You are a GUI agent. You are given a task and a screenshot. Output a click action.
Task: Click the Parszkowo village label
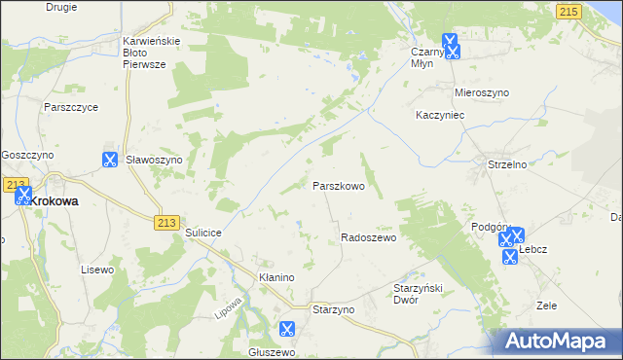(338, 185)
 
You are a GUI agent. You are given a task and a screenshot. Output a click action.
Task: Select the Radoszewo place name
(368, 237)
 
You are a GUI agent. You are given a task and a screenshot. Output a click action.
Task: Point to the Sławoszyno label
(155, 161)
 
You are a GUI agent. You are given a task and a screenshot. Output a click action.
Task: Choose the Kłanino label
(276, 277)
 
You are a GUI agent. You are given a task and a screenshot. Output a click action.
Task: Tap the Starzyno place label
(334, 308)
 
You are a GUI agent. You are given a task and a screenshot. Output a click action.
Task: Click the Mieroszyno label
(482, 92)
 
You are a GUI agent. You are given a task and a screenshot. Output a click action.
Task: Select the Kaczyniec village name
(443, 115)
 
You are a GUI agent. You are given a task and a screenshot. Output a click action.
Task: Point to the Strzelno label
(506, 165)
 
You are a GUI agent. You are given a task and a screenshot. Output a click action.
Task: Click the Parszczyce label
(68, 108)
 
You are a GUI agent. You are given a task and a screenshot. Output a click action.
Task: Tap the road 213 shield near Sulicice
(165, 223)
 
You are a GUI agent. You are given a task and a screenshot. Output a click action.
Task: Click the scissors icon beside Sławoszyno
(109, 160)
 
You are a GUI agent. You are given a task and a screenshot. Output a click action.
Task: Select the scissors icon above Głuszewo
(286, 330)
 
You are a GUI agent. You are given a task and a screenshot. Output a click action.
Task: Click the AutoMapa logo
(558, 341)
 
